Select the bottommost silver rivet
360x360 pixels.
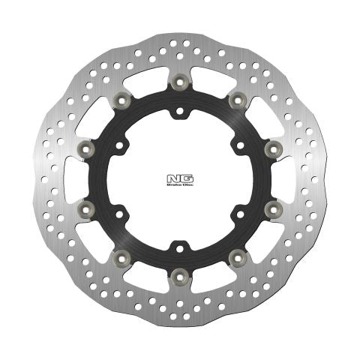coord(179,277)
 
